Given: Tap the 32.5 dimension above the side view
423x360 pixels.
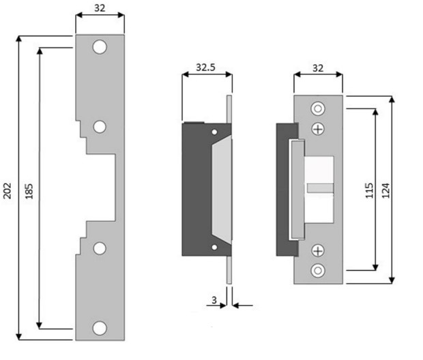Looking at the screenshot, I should (206, 67).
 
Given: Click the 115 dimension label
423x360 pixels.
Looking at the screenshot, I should (368, 190).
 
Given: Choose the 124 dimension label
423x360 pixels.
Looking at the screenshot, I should (386, 190).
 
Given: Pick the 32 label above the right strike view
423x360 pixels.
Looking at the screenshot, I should (318, 67).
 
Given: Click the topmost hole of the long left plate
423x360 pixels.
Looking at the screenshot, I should (100, 48).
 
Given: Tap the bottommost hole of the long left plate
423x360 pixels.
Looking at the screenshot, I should (100, 327).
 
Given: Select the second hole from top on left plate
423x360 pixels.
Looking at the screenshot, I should (100, 127).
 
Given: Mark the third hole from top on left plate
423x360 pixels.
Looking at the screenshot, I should (100, 248).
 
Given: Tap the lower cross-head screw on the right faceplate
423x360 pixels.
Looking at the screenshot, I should (318, 251).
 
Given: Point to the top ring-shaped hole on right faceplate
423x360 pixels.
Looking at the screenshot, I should (318, 110).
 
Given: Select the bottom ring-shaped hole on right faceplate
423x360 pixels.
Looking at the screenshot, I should (318, 271).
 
